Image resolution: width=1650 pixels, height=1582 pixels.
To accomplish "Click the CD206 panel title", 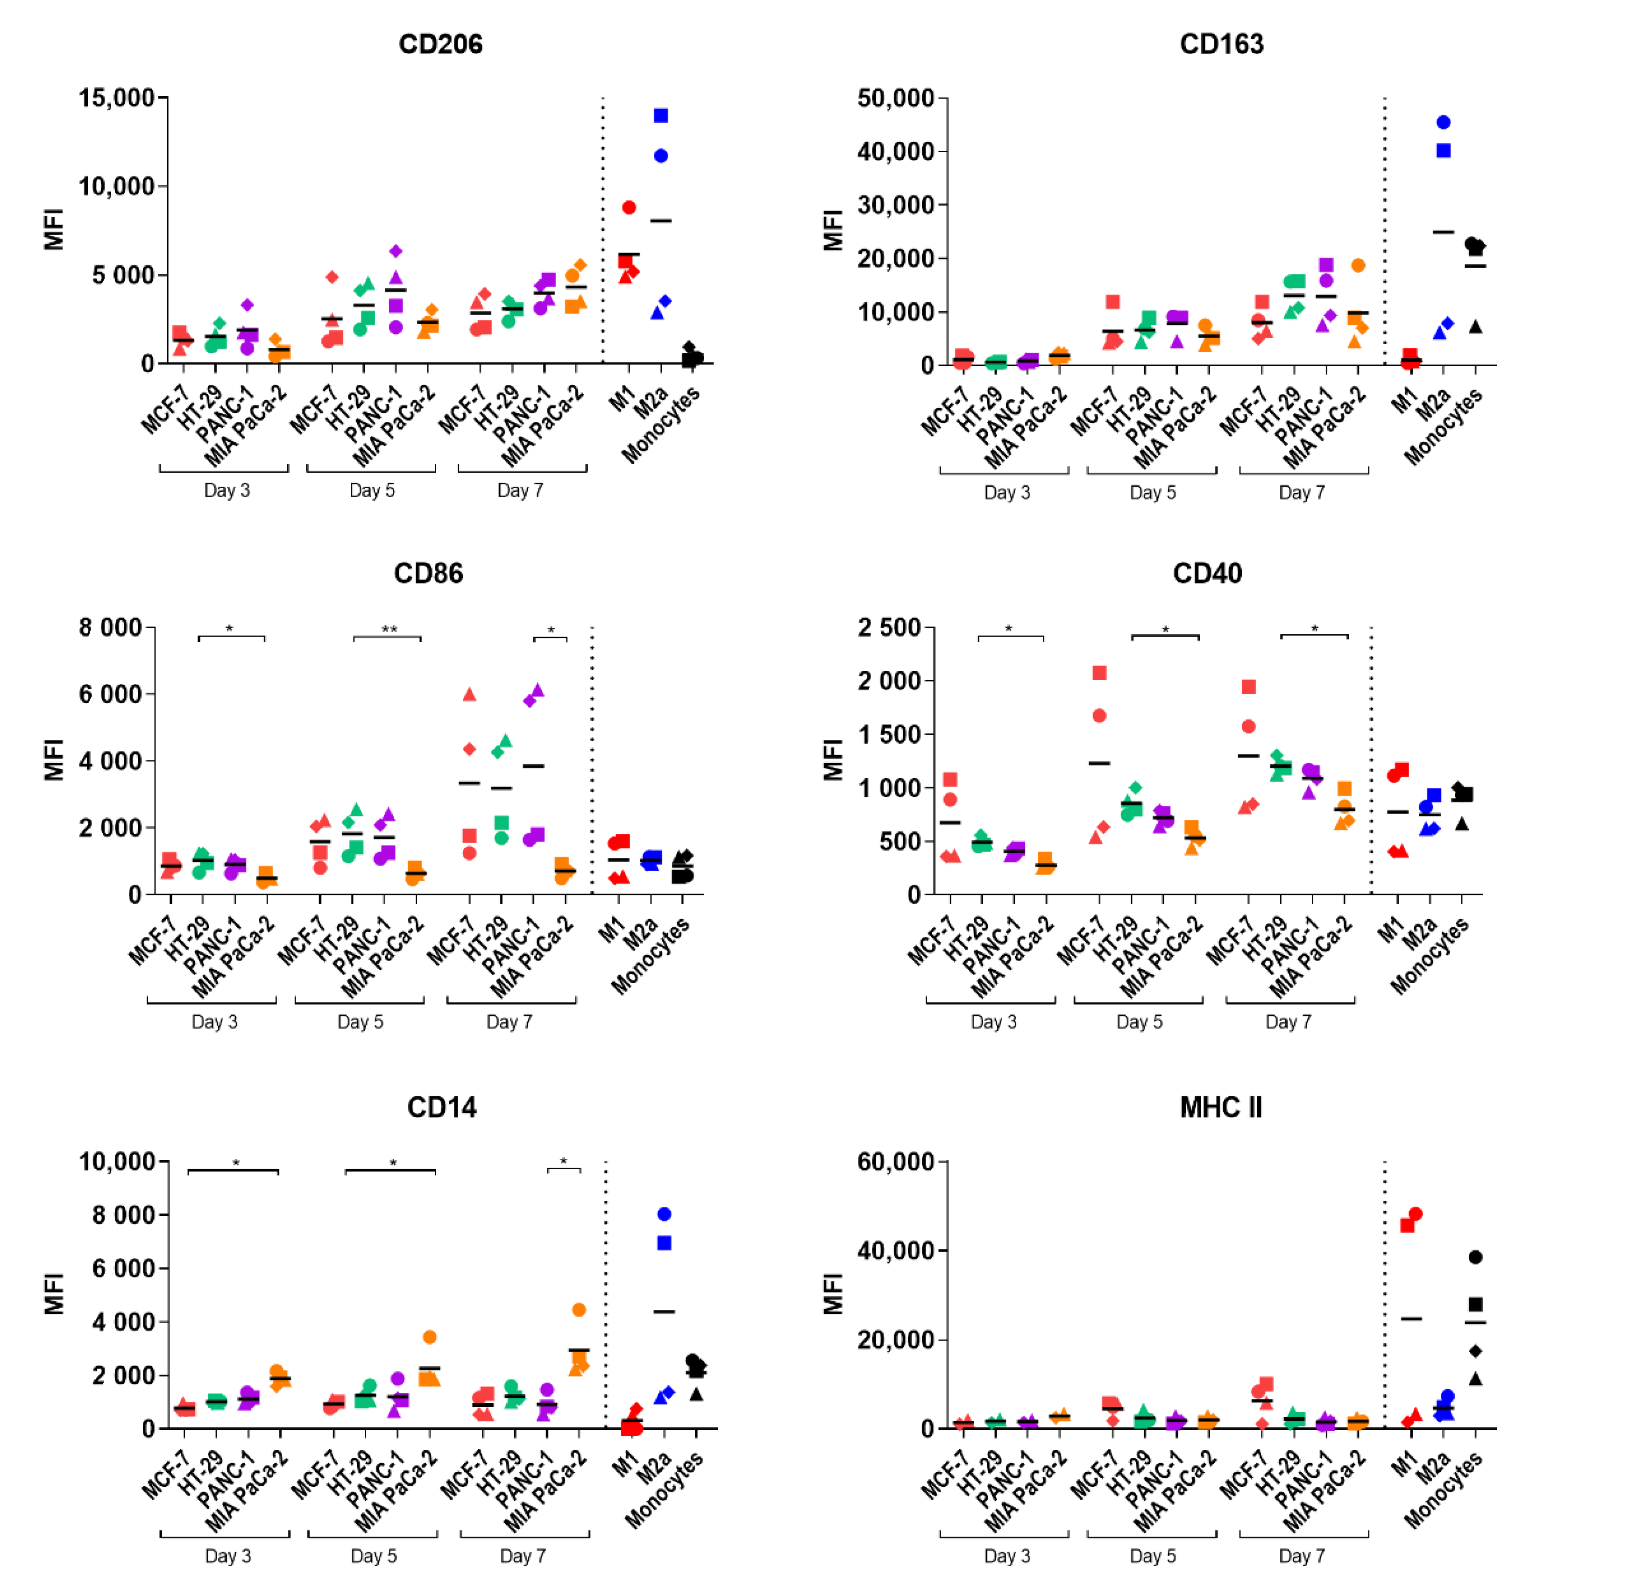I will click(x=440, y=44).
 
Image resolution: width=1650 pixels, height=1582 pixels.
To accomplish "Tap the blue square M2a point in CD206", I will click(x=661, y=115).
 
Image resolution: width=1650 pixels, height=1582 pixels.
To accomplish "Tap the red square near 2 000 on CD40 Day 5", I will click(x=1098, y=673).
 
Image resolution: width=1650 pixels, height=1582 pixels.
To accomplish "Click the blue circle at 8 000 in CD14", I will click(x=664, y=1214).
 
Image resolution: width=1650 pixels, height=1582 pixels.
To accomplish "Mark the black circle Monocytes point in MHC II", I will click(x=1475, y=1257).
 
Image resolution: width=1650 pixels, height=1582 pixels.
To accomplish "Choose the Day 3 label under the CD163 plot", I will click(x=1007, y=492).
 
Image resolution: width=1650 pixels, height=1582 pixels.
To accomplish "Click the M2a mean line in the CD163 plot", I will click(x=1443, y=232).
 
